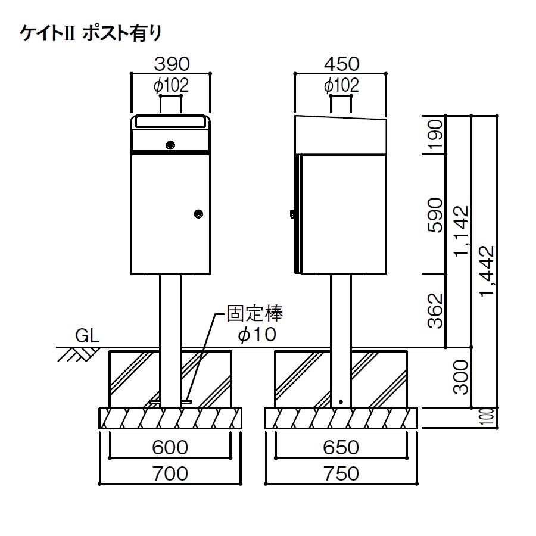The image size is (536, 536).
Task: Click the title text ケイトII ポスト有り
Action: tap(91, 33)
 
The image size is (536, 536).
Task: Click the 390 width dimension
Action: tap(172, 64)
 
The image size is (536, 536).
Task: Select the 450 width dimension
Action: tap(341, 64)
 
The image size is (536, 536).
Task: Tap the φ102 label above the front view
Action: tap(171, 86)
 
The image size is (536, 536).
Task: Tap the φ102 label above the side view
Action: tap(341, 86)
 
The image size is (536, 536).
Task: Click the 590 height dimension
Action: tap(435, 214)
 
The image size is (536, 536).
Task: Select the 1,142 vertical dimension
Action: tap(460, 232)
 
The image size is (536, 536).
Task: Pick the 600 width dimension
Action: tap(170, 447)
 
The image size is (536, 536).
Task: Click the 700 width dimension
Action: tap(170, 473)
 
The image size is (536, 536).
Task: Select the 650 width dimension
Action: tap(341, 447)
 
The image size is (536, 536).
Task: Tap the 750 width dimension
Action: tap(341, 473)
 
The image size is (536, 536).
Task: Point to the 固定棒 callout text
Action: tap(255, 314)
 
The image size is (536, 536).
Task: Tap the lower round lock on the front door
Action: tap(198, 213)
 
